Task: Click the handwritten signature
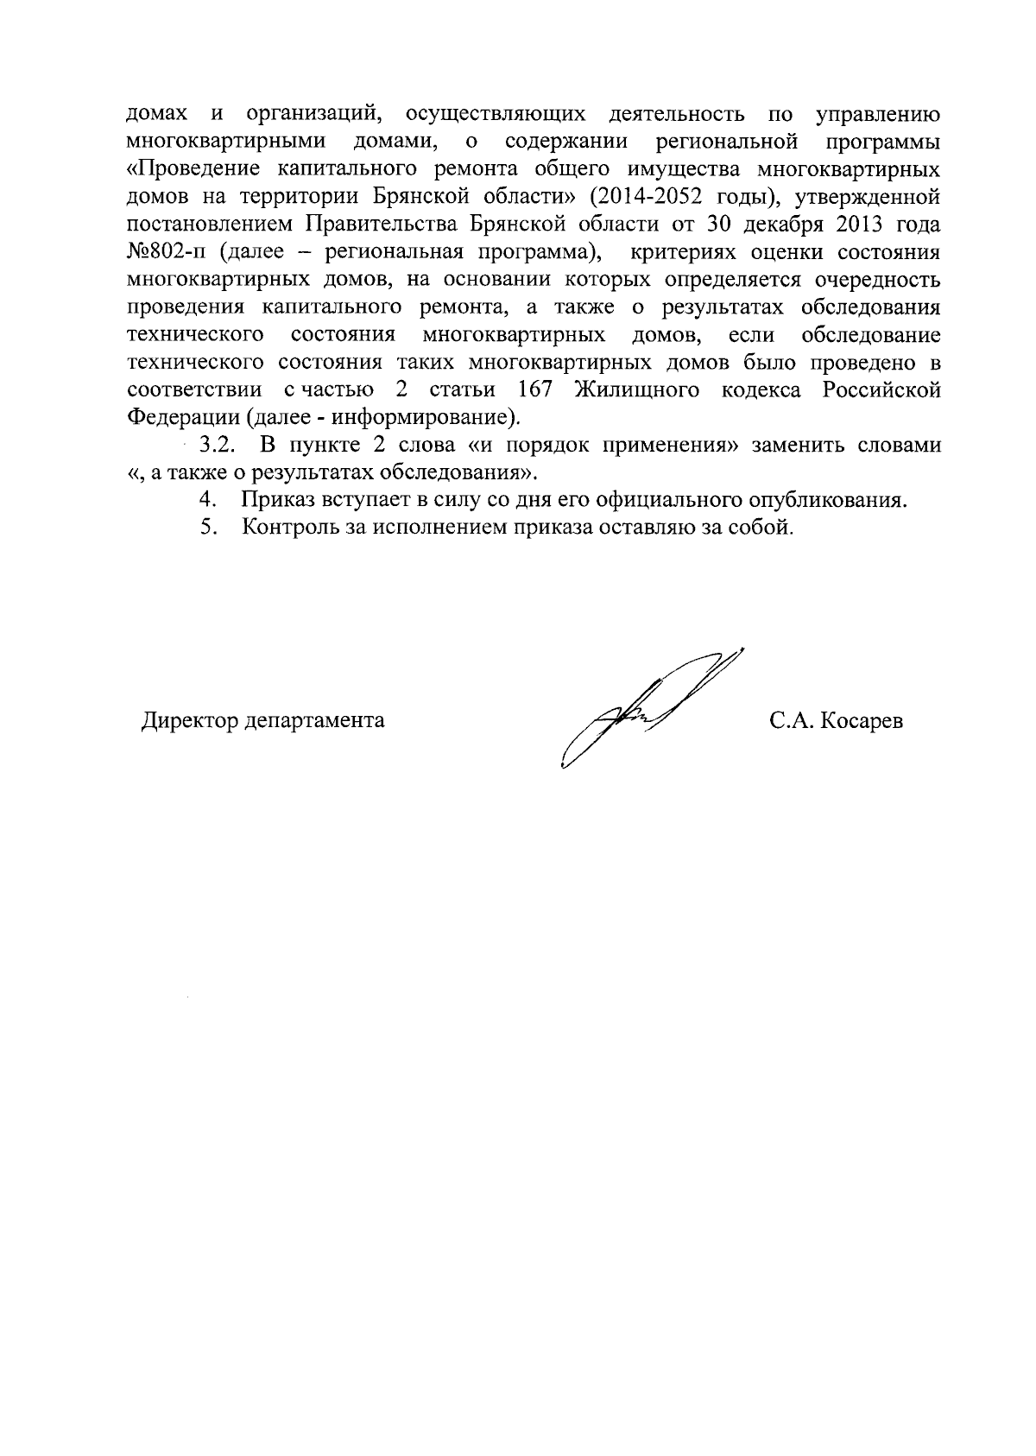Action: point(647,708)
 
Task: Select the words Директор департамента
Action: point(263,720)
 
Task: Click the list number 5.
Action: point(206,528)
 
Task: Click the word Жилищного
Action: point(636,390)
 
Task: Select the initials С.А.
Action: point(789,720)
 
